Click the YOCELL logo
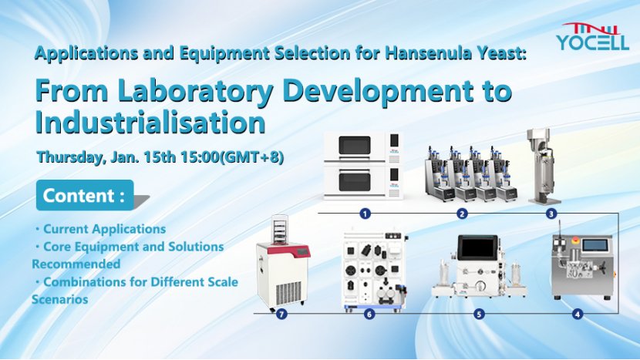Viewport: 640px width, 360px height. coord(592,37)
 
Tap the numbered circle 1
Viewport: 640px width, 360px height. coord(365,213)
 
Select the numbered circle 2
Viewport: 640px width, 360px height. coord(462,214)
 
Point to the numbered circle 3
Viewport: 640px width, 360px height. coord(551,214)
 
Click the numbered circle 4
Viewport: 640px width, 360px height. coord(577,314)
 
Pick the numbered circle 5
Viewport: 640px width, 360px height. coord(479,314)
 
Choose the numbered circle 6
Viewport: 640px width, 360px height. coord(369,314)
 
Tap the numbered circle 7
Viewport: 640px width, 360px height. coord(281,314)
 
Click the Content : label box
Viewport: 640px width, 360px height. coord(85,195)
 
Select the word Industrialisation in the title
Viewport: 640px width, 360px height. coord(150,122)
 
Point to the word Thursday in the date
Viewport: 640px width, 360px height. coord(70,157)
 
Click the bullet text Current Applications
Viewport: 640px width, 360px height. coord(105,229)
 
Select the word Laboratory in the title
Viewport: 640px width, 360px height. coord(196,91)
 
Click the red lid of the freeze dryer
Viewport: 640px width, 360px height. coord(283,250)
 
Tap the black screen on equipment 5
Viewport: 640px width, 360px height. coord(477,247)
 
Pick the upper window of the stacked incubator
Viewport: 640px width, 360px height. coord(355,146)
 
